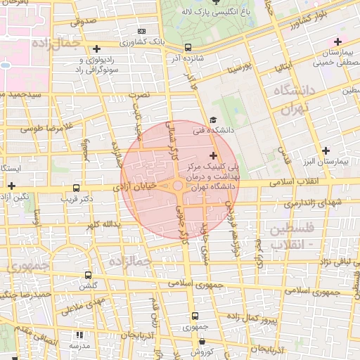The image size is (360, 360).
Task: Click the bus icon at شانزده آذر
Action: point(188,48)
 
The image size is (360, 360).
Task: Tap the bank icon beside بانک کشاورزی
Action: point(143,32)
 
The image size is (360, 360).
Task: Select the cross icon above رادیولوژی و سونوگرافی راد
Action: point(96,49)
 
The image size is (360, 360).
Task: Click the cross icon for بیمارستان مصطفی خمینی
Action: point(339,41)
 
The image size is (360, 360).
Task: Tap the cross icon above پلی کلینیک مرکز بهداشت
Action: point(213,154)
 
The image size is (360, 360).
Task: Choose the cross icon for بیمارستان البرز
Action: point(326,150)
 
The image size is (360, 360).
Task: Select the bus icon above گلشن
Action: point(88,275)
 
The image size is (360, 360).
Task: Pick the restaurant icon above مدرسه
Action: point(79,335)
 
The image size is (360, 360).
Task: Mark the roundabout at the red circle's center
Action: point(178,186)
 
